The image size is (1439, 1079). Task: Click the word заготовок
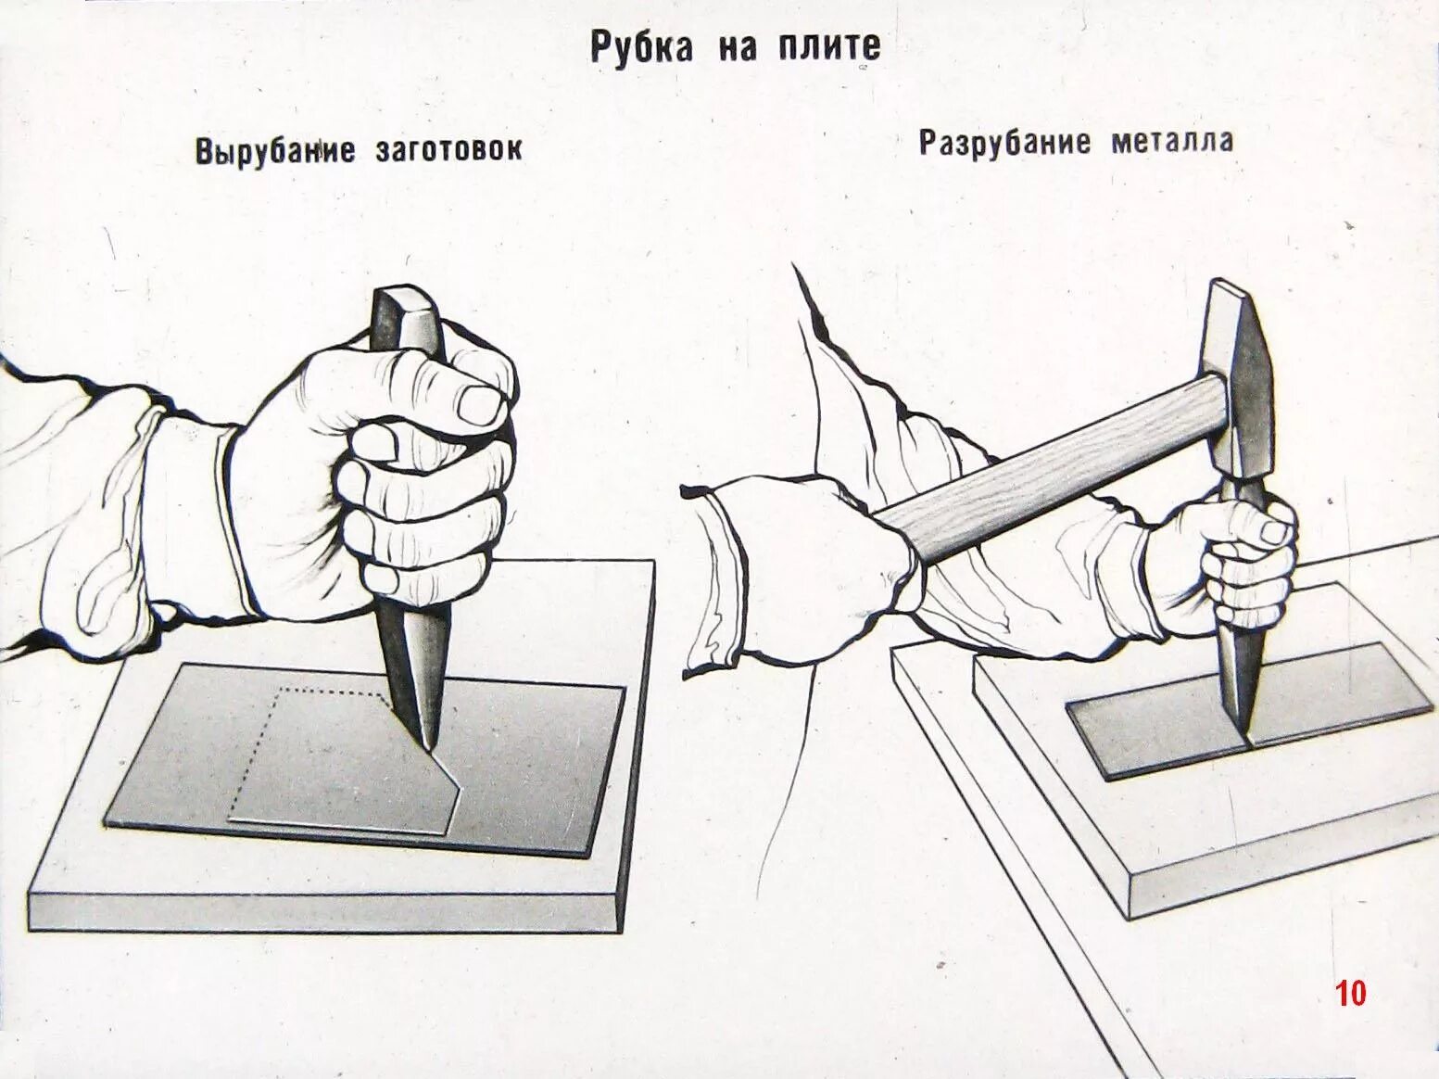448,150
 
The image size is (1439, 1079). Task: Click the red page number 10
1350,994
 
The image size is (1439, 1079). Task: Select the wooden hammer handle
1047,454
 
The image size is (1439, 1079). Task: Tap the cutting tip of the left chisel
428,742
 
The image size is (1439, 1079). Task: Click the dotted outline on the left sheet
324,693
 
